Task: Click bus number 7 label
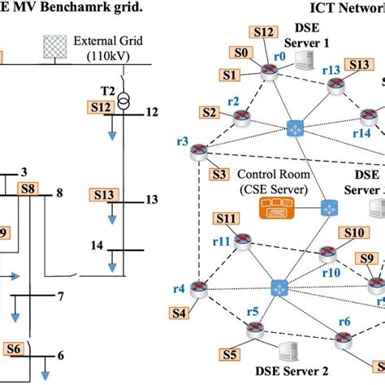[60, 296]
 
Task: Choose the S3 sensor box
[218, 173]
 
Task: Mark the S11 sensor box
[227, 218]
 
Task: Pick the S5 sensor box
[231, 354]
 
